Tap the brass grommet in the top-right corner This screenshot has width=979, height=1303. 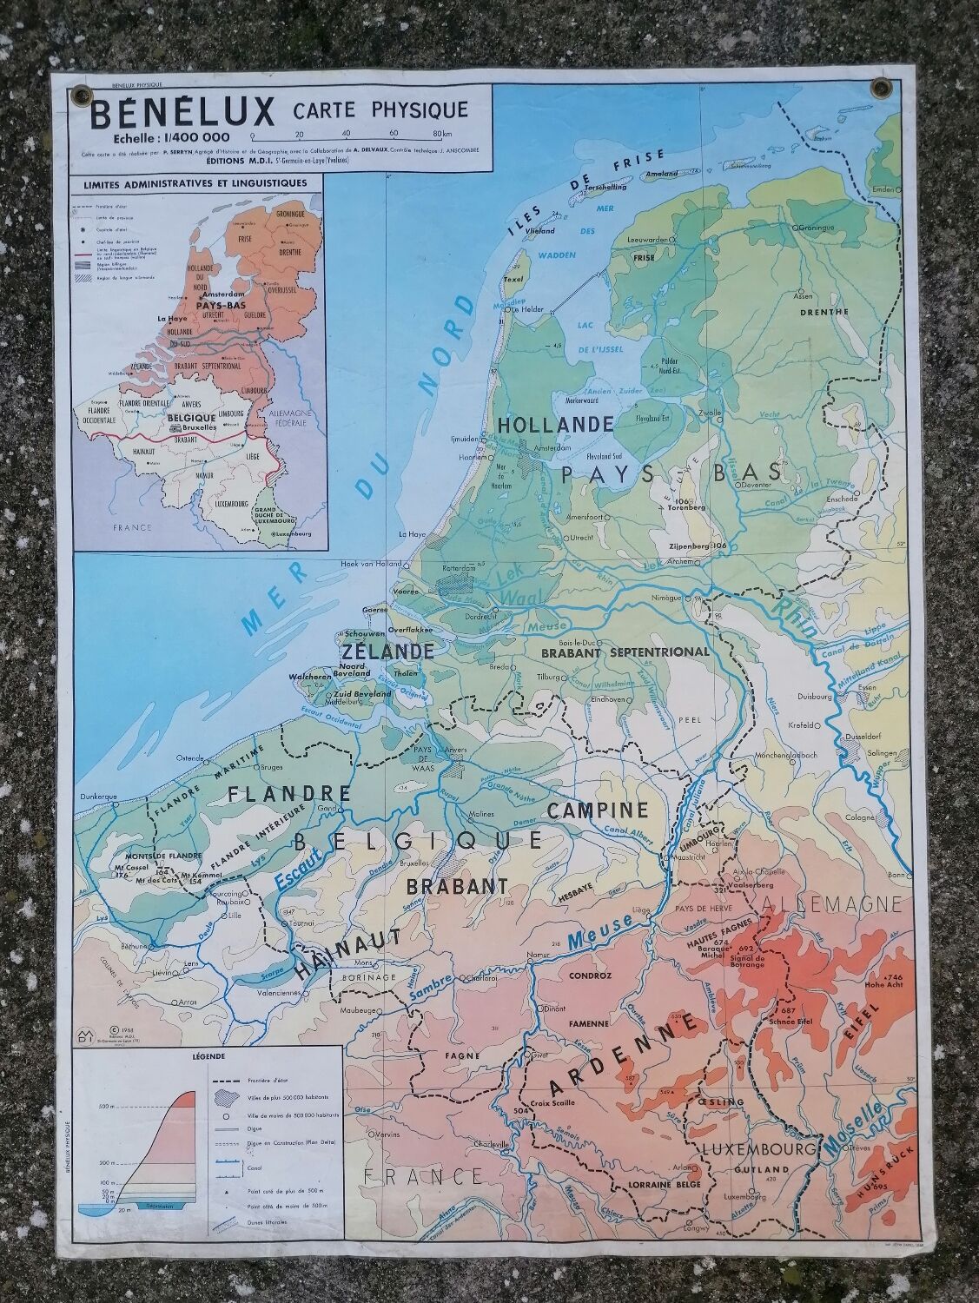(883, 87)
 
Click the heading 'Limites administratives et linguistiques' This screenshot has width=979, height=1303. (195, 183)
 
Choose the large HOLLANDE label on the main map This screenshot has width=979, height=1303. (555, 426)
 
